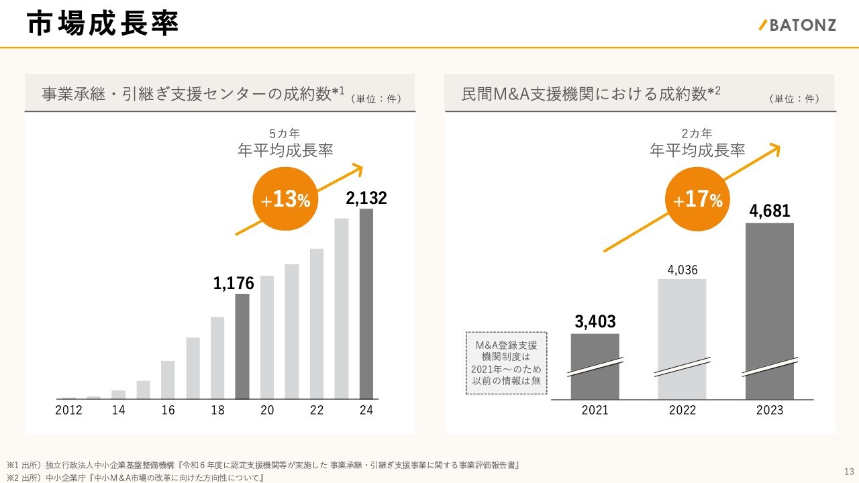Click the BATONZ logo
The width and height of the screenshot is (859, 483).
798,25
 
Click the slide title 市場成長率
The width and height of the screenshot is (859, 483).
103,24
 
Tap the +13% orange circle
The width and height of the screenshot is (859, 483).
282,199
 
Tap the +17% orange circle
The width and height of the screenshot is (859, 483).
698,199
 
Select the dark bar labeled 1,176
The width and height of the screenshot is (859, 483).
242,346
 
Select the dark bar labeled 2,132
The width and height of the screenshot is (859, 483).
366,304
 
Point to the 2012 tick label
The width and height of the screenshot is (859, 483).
68,411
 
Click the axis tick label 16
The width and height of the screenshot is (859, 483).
168,411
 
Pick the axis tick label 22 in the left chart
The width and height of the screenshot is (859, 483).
317,411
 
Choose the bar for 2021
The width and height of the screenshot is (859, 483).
595,366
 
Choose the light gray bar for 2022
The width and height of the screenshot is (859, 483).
682,339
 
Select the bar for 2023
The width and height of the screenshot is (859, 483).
769,311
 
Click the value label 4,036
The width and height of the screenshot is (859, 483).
682,270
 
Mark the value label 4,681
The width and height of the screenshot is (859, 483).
769,212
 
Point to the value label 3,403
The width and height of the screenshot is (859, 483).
595,322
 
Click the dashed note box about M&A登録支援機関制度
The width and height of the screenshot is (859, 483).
507,363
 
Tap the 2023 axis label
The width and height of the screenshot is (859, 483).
769,411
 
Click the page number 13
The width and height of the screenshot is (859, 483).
848,470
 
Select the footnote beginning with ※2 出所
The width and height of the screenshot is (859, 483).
134,478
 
